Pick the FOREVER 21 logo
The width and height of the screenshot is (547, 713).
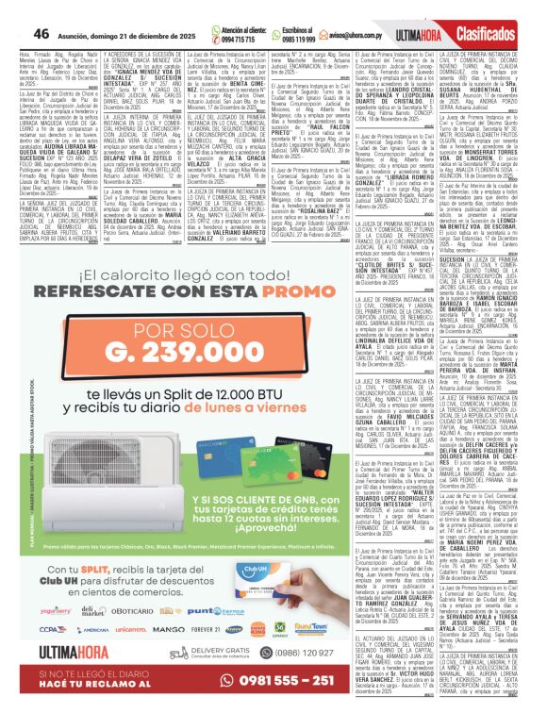coord(204,628)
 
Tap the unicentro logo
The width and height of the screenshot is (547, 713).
coord(131,628)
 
